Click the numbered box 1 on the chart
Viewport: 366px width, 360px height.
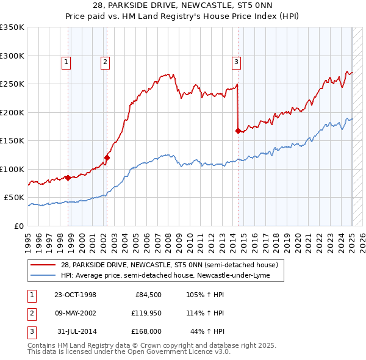[65, 61]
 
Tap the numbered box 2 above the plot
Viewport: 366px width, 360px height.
[106, 61]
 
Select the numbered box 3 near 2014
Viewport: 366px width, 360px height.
[236, 61]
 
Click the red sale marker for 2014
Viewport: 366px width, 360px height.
[238, 131]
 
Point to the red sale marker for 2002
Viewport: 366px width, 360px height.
[107, 157]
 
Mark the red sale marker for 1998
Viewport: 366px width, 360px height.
[68, 178]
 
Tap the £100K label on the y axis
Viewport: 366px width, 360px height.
[12, 169]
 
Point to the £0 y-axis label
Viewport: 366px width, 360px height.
[19, 226]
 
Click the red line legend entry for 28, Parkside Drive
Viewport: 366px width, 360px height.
[169, 265]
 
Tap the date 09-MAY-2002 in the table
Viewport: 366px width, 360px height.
[75, 313]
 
